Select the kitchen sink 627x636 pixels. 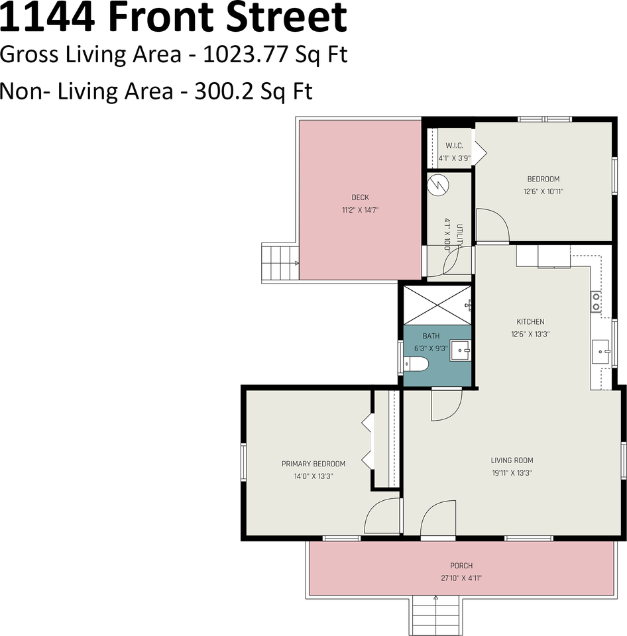pos(601,350)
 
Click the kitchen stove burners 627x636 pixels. pos(597,302)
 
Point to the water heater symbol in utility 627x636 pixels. pos(437,185)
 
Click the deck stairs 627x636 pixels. pos(280,263)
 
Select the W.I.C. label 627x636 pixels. pos(454,146)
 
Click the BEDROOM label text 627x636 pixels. pos(543,179)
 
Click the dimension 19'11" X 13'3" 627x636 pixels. pos(512,473)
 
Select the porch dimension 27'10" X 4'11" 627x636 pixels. pos(461,578)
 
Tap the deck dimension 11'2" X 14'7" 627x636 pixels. pos(360,209)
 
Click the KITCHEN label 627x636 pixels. pos(530,322)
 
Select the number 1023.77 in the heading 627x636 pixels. pos(243,54)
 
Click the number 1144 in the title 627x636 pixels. pos(48,18)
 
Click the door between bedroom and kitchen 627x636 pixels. pos(492,226)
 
